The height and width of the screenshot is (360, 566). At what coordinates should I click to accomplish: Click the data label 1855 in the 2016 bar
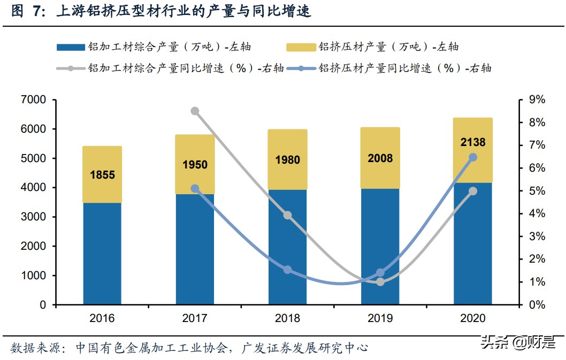pos(102,175)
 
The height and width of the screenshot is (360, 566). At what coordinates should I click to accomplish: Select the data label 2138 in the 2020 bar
pos(472,142)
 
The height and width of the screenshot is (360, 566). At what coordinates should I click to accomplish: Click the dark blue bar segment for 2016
pos(102,254)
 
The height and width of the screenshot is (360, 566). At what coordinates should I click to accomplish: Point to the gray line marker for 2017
pos(195,111)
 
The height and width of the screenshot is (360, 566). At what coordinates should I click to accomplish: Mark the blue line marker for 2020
pos(473,157)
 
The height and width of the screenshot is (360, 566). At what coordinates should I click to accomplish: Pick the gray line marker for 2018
pos(287,215)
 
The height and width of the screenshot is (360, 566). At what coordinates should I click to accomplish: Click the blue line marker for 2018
pos(287,270)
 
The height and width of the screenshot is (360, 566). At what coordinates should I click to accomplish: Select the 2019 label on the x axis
pos(380,318)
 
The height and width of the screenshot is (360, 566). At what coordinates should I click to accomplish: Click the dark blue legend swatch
pos(70,47)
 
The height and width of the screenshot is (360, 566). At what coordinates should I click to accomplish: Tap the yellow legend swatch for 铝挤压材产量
pos(301,47)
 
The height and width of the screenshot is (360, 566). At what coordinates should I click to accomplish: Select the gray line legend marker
pos(70,68)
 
